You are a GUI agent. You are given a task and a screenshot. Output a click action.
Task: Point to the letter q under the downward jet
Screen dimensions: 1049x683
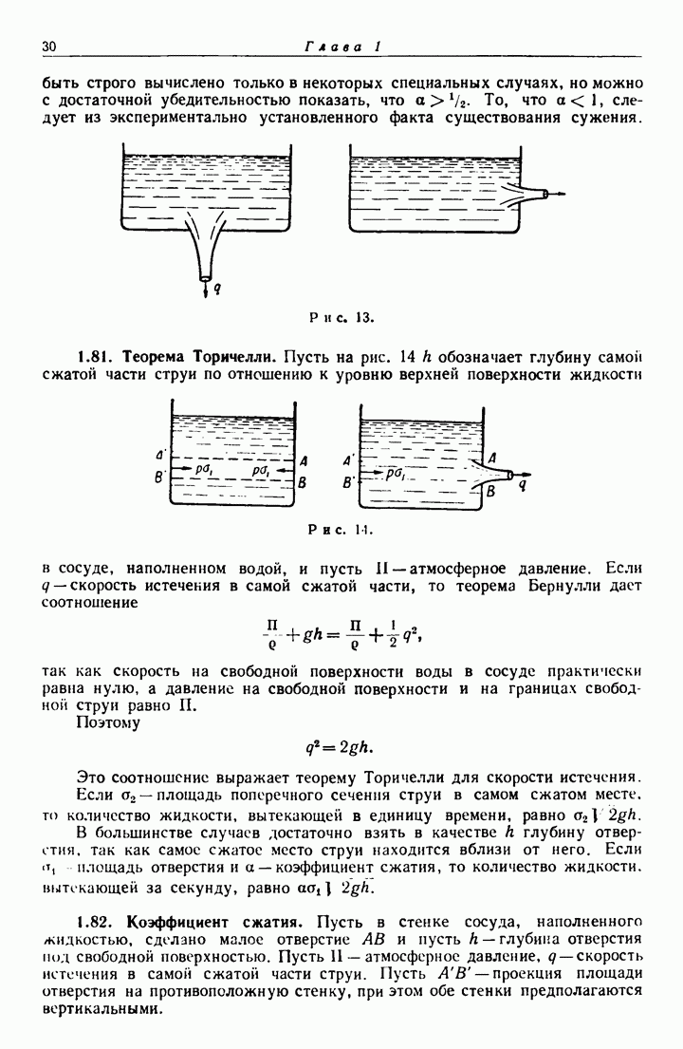tap(217, 283)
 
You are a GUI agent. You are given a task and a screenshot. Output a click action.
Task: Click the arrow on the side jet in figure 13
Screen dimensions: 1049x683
tap(558, 195)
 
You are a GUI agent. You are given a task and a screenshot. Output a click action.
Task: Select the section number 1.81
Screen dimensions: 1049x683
tap(95, 357)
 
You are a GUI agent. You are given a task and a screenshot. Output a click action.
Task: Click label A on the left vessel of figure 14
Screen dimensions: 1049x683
tap(302, 461)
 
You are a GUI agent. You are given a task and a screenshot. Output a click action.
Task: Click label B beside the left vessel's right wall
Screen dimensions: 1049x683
tap(302, 481)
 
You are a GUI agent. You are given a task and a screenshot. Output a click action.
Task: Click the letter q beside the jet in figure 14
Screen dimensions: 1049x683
tap(524, 483)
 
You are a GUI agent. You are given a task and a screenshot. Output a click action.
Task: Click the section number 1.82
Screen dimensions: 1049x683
tap(95, 921)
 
